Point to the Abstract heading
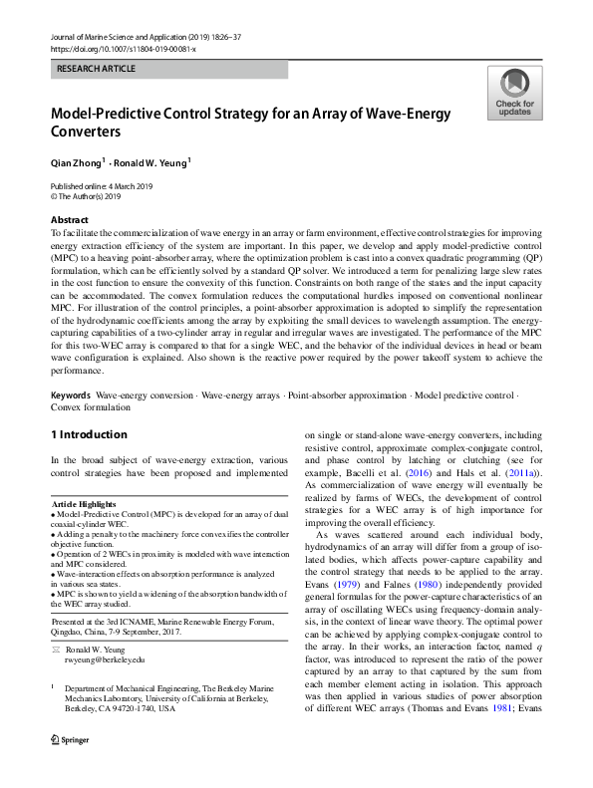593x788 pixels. (69, 219)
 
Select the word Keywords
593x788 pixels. (71, 395)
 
